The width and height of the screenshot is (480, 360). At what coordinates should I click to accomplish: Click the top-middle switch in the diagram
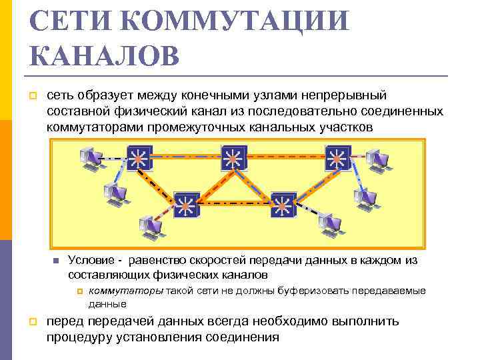233,158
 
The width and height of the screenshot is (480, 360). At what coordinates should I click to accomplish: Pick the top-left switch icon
139,159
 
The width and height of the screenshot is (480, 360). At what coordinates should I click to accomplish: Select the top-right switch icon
335,159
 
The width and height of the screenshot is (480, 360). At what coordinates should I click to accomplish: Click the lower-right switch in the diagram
283,205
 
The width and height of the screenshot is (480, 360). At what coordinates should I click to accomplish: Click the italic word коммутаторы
126,291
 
